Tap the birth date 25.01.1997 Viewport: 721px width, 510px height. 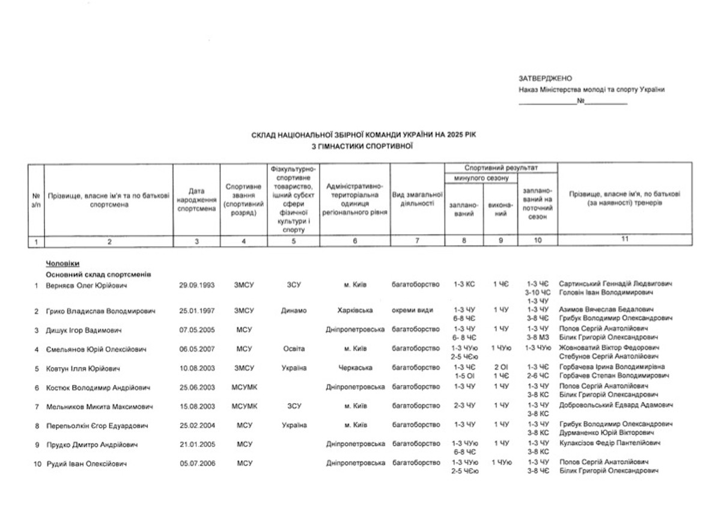[196, 311]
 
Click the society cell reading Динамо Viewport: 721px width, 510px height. [294, 311]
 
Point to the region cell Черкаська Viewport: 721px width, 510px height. [355, 368]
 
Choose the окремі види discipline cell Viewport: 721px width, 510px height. [415, 311]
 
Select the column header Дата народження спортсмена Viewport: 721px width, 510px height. [196, 200]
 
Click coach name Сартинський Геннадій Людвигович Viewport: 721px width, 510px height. [615, 283]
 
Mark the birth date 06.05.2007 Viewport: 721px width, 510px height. [196, 348]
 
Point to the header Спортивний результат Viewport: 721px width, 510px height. [500, 168]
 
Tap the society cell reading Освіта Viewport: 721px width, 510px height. [294, 348]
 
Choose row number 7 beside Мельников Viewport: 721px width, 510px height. [37, 406]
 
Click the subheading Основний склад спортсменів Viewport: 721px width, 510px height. [99, 274]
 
